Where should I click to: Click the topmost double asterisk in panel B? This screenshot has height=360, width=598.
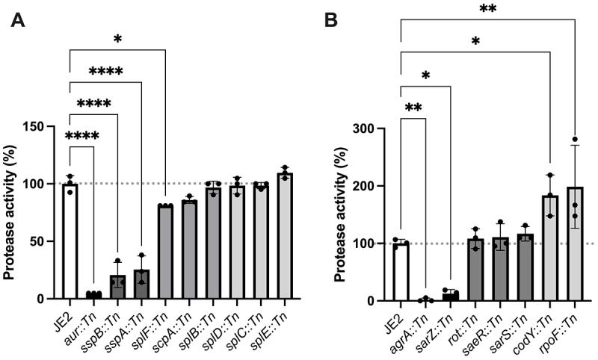pyautogui.click(x=487, y=8)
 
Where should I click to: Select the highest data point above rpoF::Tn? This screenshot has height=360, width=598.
pyautogui.click(x=574, y=140)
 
